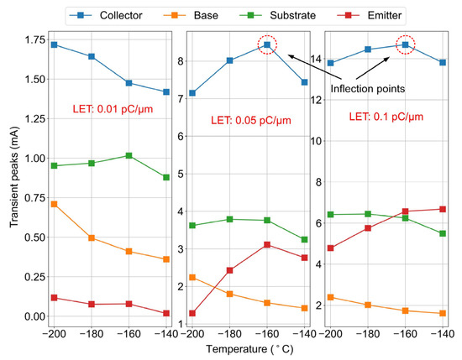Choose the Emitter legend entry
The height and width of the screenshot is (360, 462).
coord(399,14)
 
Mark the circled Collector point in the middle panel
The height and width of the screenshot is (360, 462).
coord(266,45)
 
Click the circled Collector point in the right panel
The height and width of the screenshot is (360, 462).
coord(405,45)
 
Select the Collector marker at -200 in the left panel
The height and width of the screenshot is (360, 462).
coord(54,44)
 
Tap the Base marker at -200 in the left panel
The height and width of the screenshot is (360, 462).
coord(54,204)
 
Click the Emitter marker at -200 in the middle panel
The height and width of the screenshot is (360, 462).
coord(192,314)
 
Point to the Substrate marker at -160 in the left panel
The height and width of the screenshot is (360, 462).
coord(128,155)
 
